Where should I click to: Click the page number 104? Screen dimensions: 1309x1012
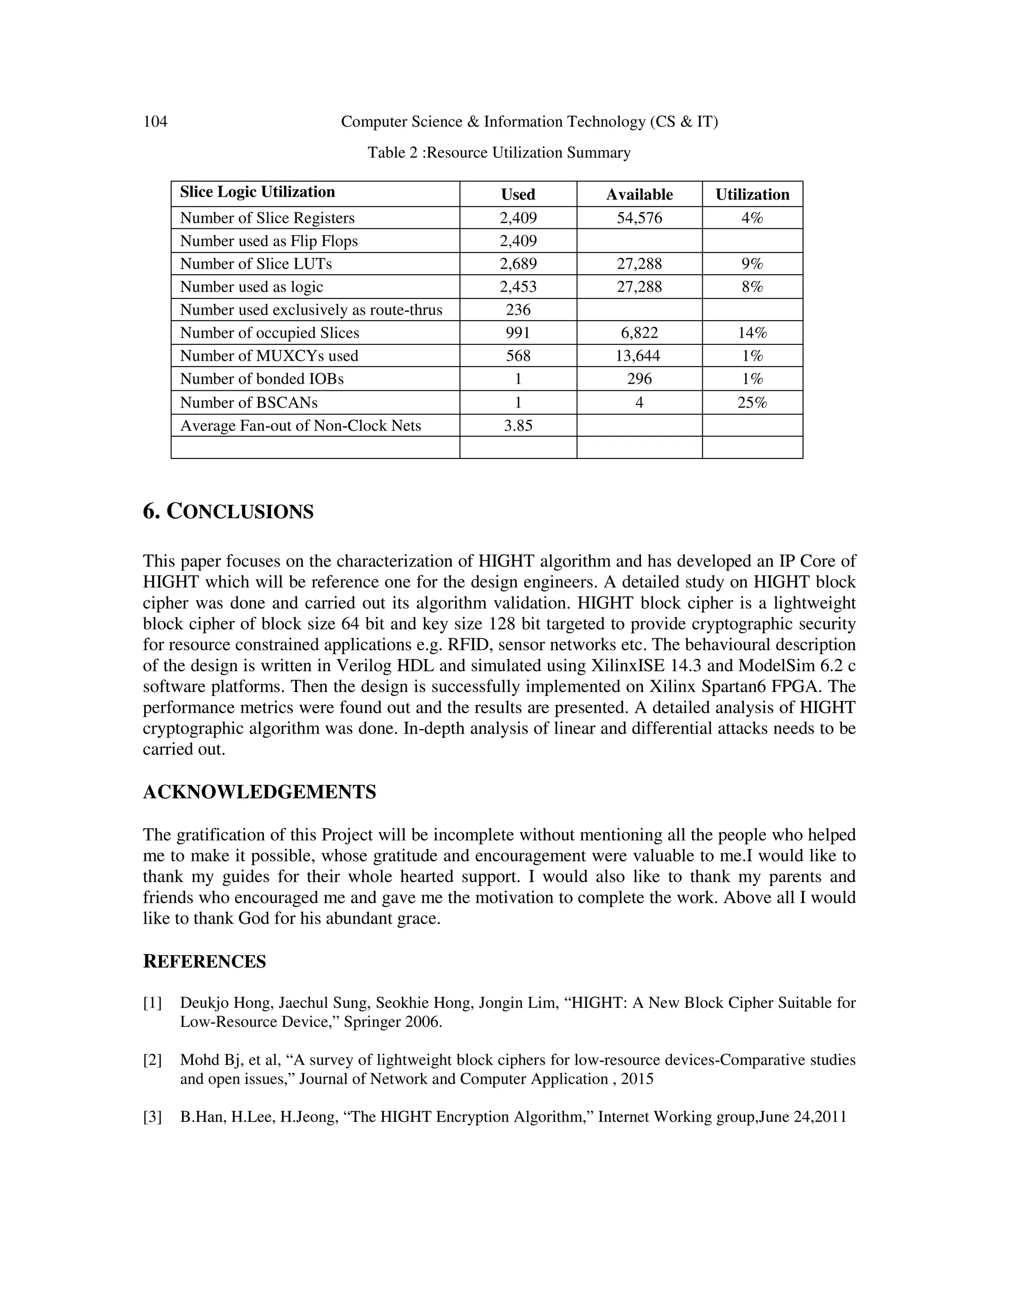pyautogui.click(x=155, y=122)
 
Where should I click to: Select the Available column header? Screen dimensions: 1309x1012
pyautogui.click(x=639, y=194)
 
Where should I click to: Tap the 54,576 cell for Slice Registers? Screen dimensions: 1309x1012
pyautogui.click(x=639, y=218)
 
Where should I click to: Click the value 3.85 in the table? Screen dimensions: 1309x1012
pyautogui.click(x=518, y=425)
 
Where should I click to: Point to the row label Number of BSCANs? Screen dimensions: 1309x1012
pyautogui.click(x=249, y=403)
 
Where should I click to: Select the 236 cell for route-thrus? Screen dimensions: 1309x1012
pyautogui.click(x=518, y=310)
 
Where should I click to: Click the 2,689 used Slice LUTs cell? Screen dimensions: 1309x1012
pyautogui.click(x=518, y=264)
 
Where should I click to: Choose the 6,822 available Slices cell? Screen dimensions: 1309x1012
pyautogui.click(x=639, y=333)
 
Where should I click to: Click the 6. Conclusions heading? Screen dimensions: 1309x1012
pyautogui.click(x=228, y=512)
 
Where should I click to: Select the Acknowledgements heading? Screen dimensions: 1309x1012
pyautogui.click(x=259, y=792)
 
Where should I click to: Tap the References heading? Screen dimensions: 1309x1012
pyautogui.click(x=205, y=961)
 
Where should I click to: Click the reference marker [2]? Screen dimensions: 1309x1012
pyautogui.click(x=152, y=1060)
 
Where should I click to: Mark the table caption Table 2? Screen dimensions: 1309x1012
pyautogui.click(x=499, y=153)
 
